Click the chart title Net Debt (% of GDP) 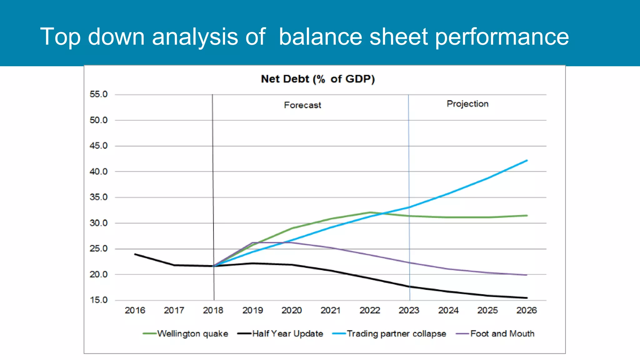(318, 79)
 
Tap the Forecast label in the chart (302, 105)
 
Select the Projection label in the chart (467, 104)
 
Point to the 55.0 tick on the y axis (98, 94)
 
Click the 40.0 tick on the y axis (98, 171)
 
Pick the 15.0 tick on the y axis (98, 300)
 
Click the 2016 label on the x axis (135, 310)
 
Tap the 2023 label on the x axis (409, 310)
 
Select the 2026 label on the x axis (526, 310)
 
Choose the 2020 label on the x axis (291, 310)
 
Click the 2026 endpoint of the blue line (527, 161)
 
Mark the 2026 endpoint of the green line (527, 215)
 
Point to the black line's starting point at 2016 (135, 254)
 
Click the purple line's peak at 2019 (252, 242)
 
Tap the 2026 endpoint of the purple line (527, 275)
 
